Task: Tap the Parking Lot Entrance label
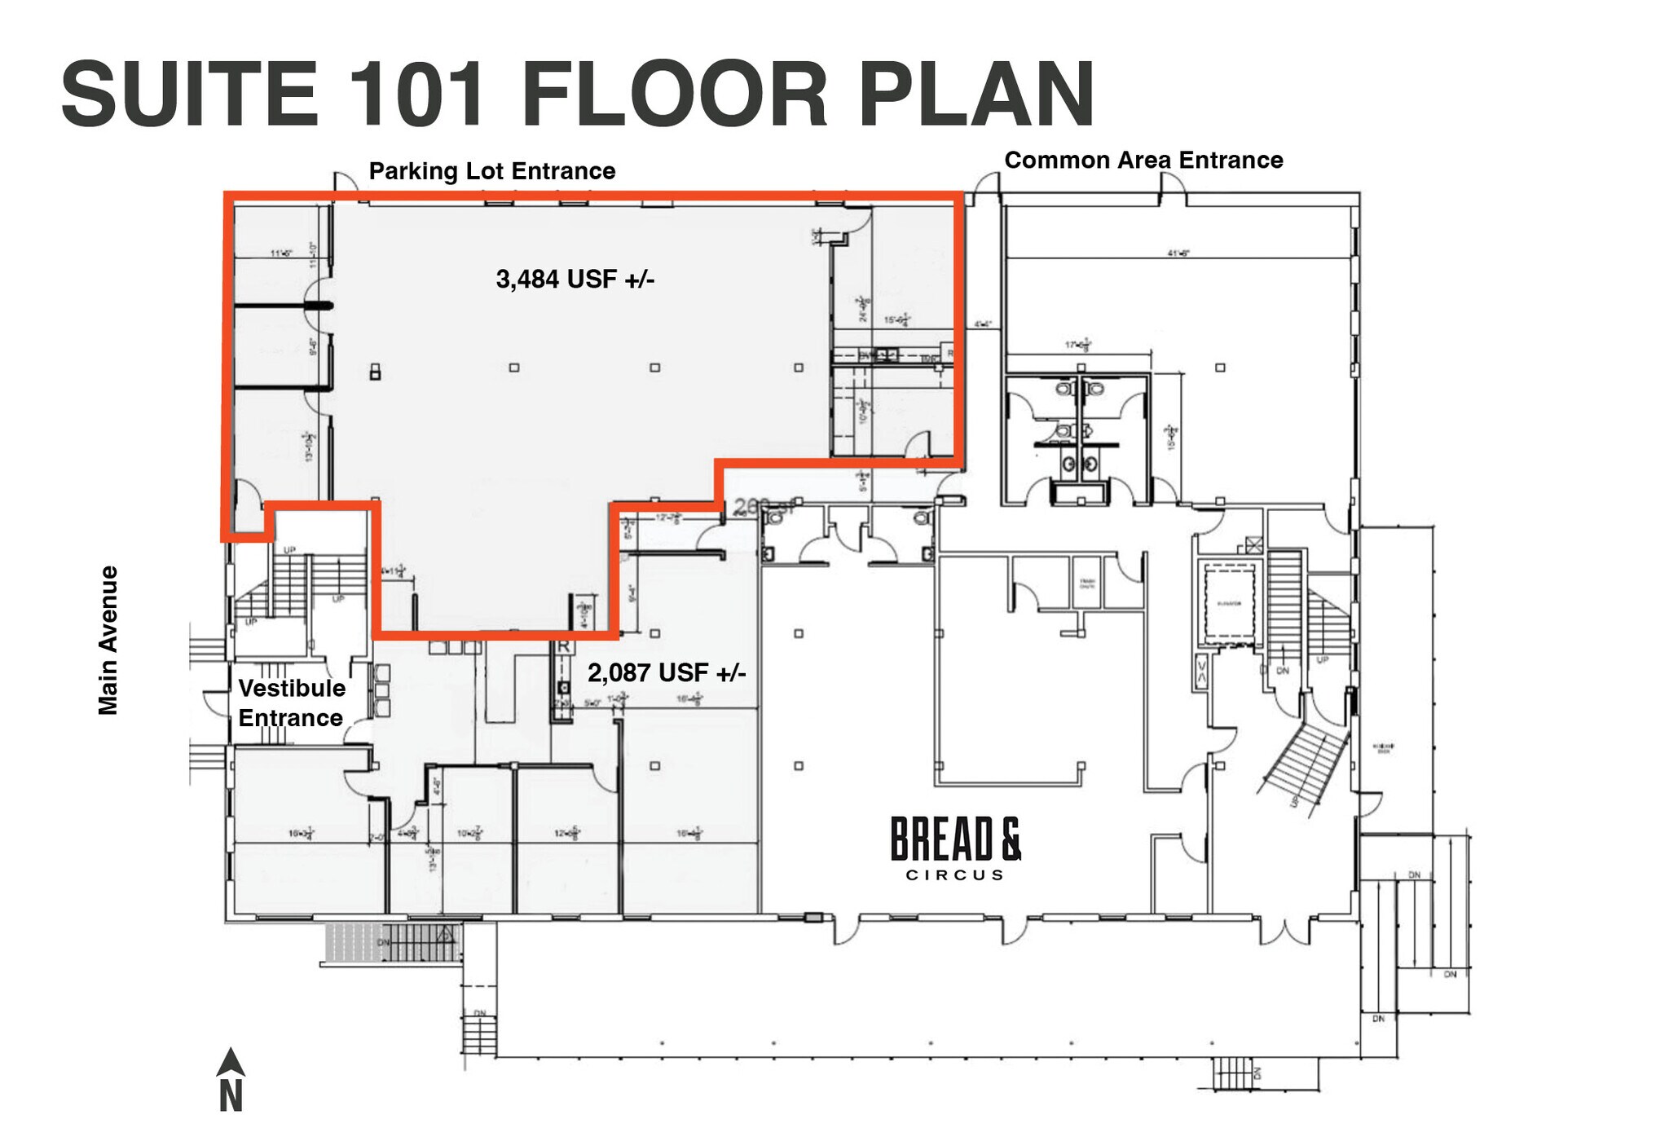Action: click(x=491, y=171)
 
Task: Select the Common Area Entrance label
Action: click(x=1143, y=160)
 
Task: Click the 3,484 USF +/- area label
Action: click(x=575, y=280)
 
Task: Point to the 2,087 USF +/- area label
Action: click(x=667, y=673)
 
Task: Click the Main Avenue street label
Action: click(x=108, y=640)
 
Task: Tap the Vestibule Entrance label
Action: click(x=291, y=703)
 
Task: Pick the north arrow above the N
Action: click(x=231, y=1061)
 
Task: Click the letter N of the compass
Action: click(x=231, y=1096)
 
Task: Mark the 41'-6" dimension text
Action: click(x=1178, y=253)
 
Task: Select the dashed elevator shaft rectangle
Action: click(x=1229, y=605)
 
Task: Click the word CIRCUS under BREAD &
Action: click(x=954, y=875)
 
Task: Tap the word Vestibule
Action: click(x=292, y=689)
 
